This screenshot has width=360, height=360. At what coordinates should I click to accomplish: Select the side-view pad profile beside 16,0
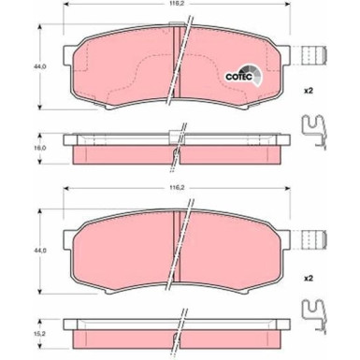pyautogui.click(x=178, y=148)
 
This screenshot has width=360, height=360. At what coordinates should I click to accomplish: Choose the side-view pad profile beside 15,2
pyautogui.click(x=178, y=329)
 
